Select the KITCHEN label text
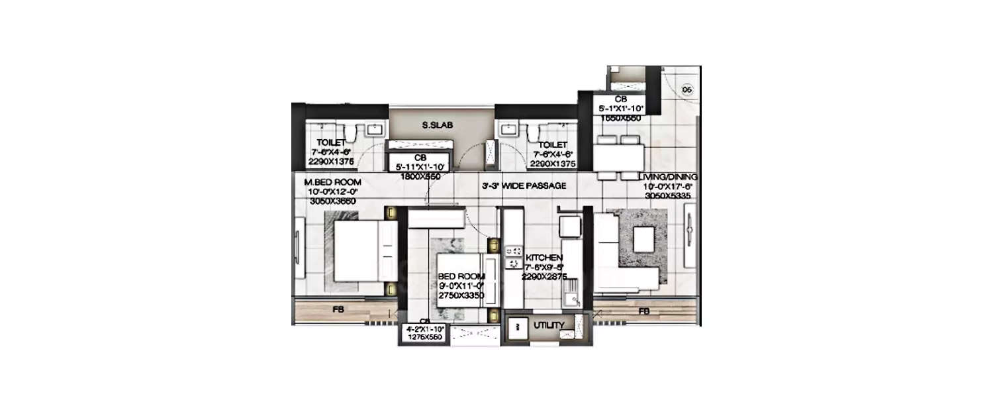pyautogui.click(x=544, y=258)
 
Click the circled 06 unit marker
pyautogui.click(x=686, y=89)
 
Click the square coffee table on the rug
pyautogui.click(x=643, y=239)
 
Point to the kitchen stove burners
pyautogui.click(x=512, y=257)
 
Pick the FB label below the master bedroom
pyautogui.click(x=337, y=309)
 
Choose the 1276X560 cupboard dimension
pyautogui.click(x=424, y=336)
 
